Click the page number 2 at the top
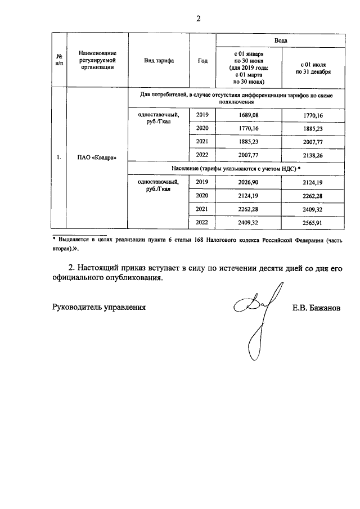point(198,18)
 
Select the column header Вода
point(280,41)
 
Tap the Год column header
point(202,61)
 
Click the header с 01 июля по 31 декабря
point(312,68)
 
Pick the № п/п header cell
point(59,61)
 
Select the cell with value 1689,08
point(247,115)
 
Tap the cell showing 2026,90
point(247,182)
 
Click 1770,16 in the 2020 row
point(247,129)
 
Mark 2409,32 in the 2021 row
point(312,209)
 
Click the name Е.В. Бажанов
point(316,308)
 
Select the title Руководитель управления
point(99,307)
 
